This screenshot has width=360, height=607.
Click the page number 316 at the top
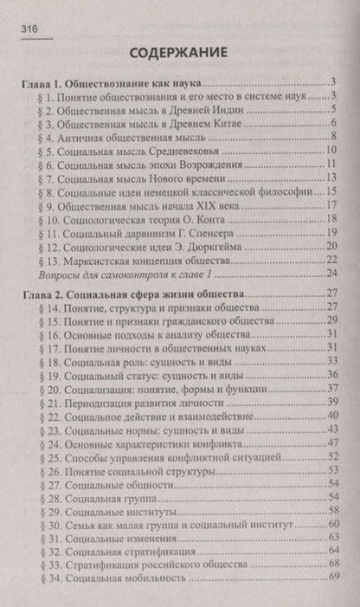pyautogui.click(x=24, y=29)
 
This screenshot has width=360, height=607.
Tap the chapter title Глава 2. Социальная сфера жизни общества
pyautogui.click(x=134, y=295)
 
